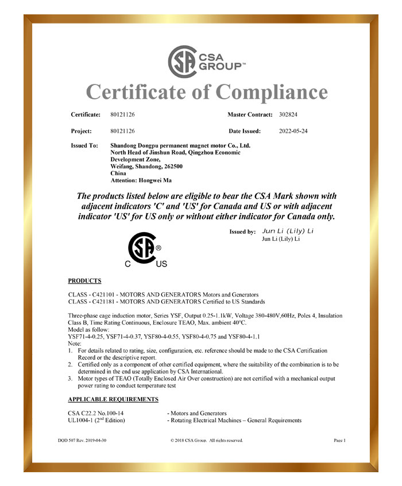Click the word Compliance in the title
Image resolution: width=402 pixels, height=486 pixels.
tap(264, 92)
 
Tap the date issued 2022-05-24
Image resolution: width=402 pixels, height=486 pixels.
tap(293, 131)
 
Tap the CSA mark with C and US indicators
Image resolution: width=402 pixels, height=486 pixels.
tap(146, 250)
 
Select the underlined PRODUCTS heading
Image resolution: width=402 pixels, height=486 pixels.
tap(84, 281)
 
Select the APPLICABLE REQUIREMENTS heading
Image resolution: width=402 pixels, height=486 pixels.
tap(113, 399)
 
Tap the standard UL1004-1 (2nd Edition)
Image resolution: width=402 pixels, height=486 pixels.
tap(96, 421)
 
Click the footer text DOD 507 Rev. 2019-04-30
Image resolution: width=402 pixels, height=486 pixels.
tap(82, 441)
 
